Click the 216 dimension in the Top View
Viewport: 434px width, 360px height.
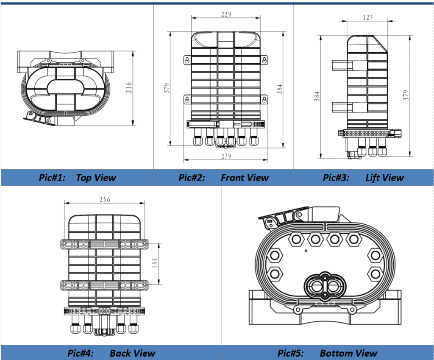click(x=129, y=88)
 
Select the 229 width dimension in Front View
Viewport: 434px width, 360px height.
click(x=226, y=14)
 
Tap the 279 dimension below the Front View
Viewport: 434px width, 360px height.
click(x=226, y=156)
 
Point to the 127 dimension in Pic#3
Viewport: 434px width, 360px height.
click(x=368, y=17)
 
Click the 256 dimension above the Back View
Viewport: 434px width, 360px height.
click(x=104, y=199)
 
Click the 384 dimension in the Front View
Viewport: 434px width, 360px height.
click(x=279, y=89)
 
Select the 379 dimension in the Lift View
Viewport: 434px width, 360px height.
click(x=406, y=94)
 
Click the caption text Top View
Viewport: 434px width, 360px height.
click(x=96, y=178)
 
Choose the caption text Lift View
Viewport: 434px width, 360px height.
click(x=384, y=178)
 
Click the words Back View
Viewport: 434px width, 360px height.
click(x=132, y=353)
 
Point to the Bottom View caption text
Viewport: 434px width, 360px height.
click(x=348, y=353)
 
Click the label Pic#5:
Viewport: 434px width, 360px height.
click(x=291, y=353)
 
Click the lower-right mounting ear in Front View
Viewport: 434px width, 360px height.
click(x=264, y=100)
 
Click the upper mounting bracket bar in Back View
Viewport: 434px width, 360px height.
click(x=104, y=244)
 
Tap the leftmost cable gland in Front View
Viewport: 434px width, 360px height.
click(x=198, y=140)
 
